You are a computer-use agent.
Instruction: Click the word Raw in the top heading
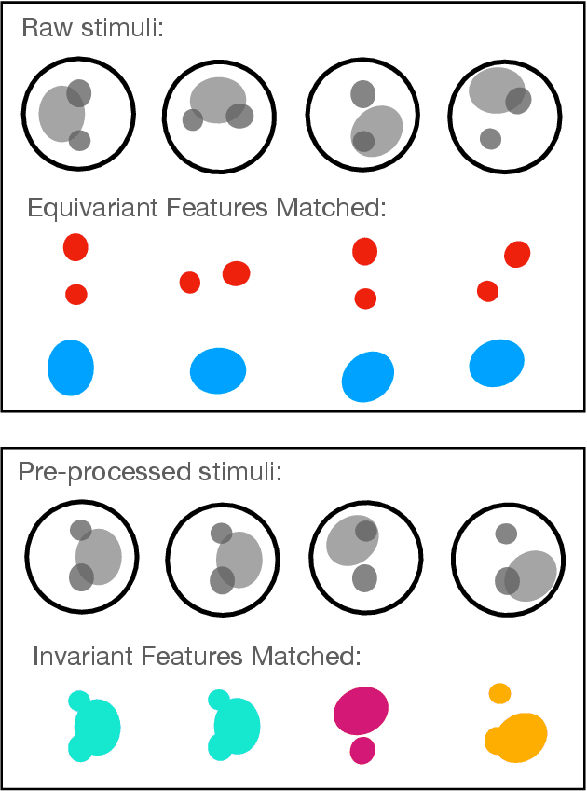[x=43, y=28]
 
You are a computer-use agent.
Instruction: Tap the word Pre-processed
[x=89, y=471]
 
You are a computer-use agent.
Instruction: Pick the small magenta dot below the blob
[x=362, y=750]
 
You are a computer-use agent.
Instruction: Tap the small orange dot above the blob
[x=499, y=693]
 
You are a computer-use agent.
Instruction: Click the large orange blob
[x=517, y=737]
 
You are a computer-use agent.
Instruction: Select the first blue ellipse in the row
[x=71, y=368]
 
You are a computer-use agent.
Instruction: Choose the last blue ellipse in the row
[x=497, y=363]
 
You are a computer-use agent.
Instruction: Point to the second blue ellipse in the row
[x=218, y=370]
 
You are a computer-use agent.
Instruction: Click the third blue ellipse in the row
[x=368, y=376]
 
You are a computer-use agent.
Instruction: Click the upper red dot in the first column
[x=75, y=247]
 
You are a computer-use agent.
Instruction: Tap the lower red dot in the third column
[x=365, y=298]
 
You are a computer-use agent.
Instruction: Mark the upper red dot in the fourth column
[x=517, y=254]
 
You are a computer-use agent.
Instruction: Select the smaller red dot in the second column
[x=190, y=282]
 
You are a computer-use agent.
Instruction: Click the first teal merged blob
[x=94, y=726]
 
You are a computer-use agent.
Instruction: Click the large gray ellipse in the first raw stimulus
[x=61, y=113]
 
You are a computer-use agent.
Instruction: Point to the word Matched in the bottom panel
[x=308, y=656]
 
